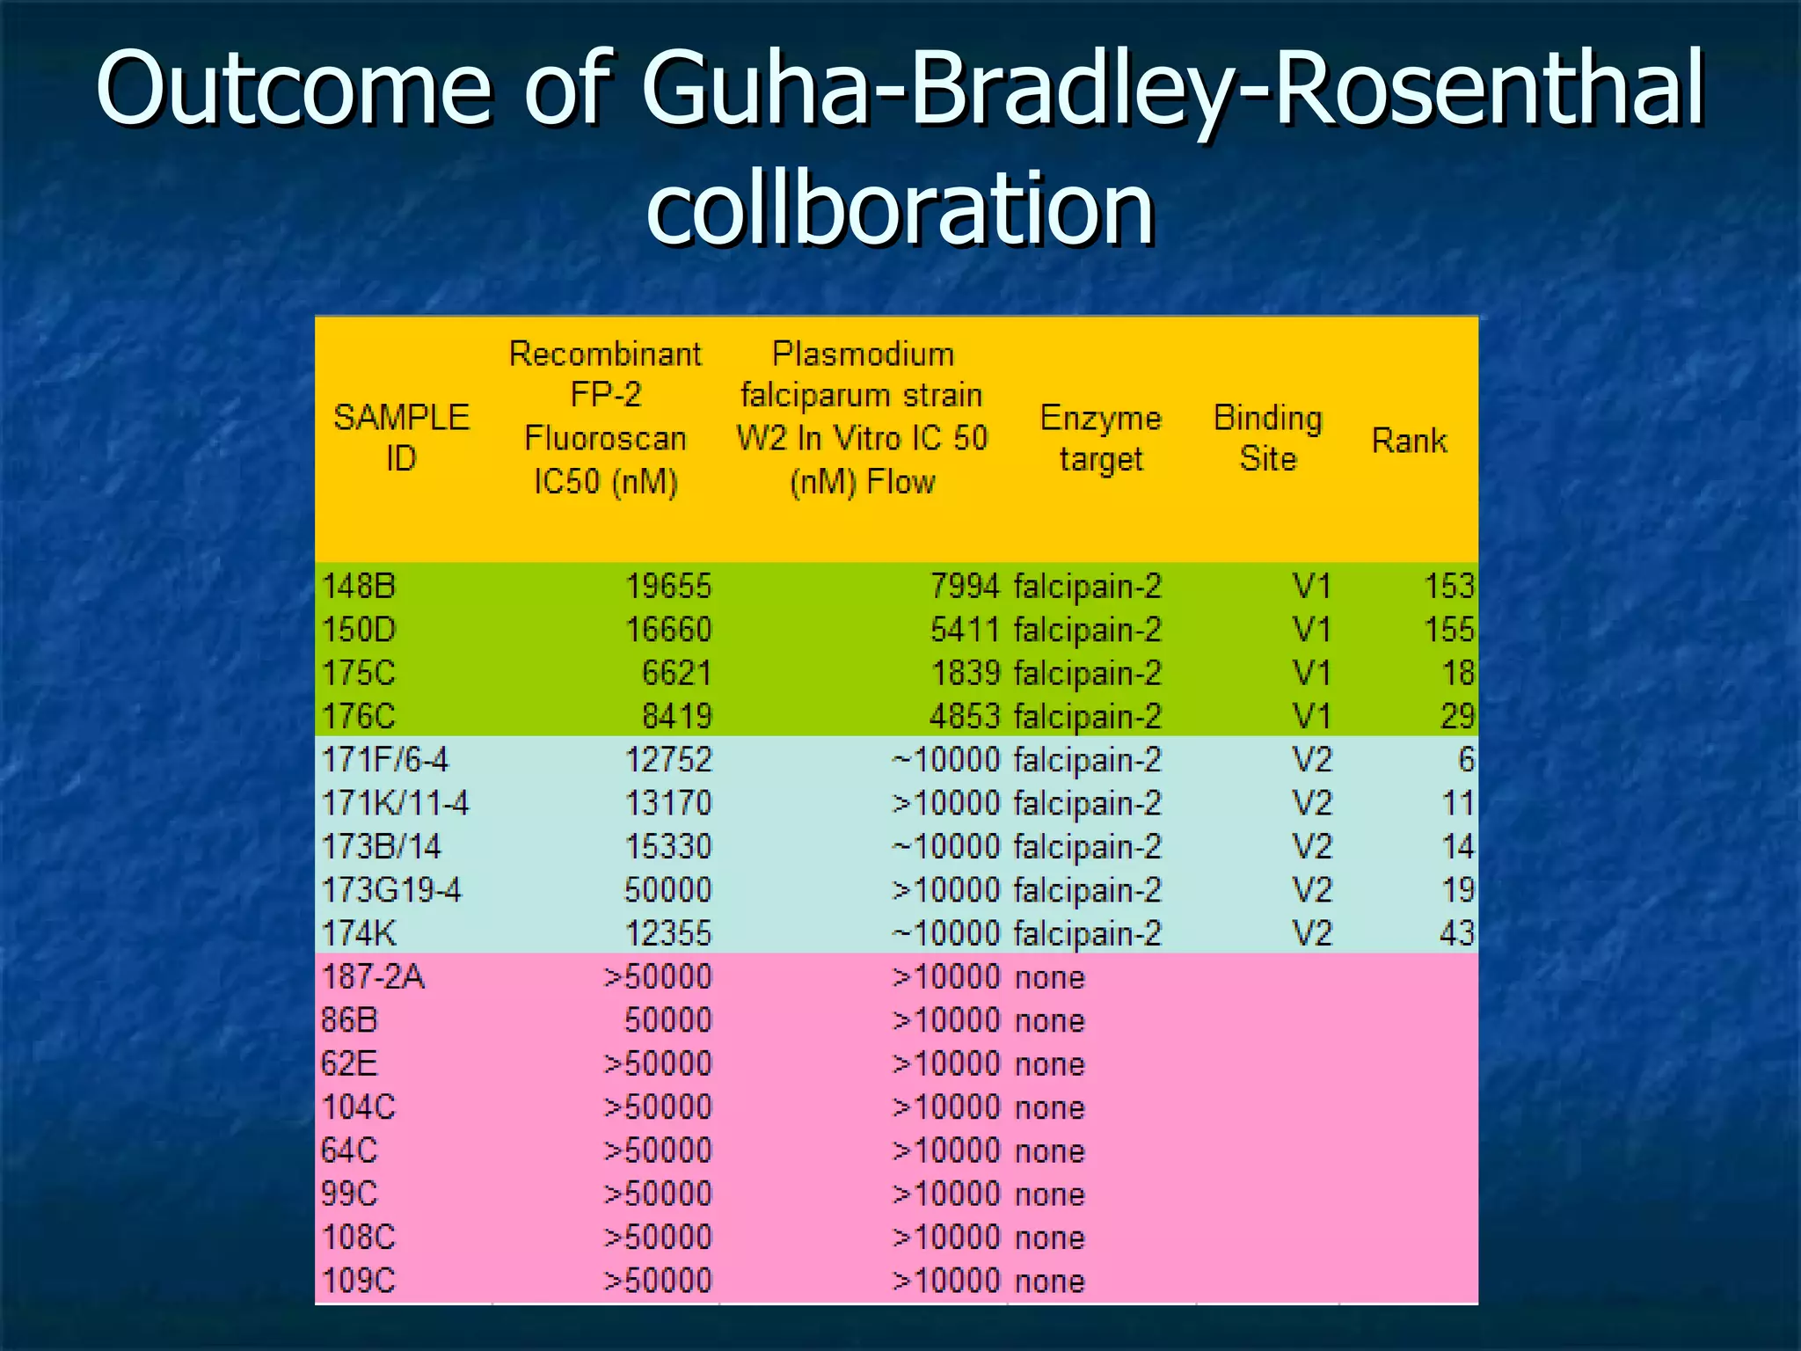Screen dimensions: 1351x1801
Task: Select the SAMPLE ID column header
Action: [x=401, y=437]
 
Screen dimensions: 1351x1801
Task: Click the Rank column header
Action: [x=1409, y=440]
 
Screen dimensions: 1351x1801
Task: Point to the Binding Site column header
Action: [x=1267, y=438]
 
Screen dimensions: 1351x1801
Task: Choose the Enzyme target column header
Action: [x=1100, y=438]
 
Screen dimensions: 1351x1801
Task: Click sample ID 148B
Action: [x=360, y=586]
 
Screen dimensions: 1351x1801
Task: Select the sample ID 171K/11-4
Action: [x=395, y=803]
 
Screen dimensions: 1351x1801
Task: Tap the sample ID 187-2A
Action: [x=373, y=976]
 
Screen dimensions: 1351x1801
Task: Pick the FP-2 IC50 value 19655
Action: [x=668, y=586]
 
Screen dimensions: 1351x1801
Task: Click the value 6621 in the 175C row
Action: [x=676, y=673]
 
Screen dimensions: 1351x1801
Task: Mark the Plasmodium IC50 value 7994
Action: [x=965, y=586]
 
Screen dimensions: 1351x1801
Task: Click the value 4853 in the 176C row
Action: [x=965, y=716]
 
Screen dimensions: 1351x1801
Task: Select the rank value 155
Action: [x=1448, y=630]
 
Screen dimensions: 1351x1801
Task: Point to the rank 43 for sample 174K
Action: [x=1456, y=933]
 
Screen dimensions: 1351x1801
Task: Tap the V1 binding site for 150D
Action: [x=1311, y=630]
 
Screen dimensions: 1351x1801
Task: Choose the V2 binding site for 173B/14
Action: [x=1311, y=846]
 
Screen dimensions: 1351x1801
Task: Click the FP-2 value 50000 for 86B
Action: [x=668, y=1020]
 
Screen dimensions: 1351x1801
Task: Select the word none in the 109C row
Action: [x=1049, y=1281]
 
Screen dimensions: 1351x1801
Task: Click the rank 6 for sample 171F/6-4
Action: [x=1465, y=760]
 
